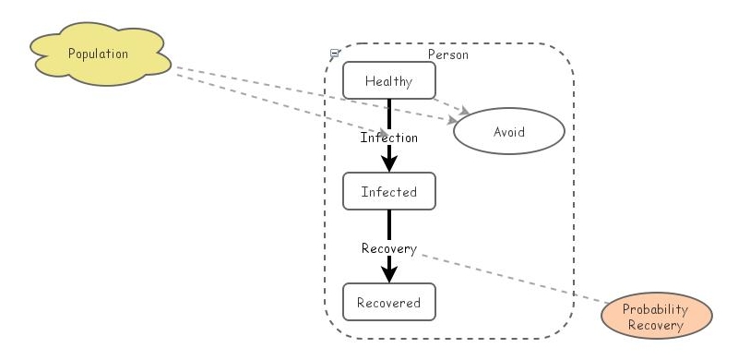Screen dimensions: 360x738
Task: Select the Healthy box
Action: point(388,80)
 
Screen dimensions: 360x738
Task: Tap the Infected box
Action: point(388,192)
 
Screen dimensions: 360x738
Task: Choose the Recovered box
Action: point(388,302)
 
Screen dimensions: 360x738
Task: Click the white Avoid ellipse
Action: point(507,132)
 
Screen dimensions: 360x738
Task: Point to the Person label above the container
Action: point(447,54)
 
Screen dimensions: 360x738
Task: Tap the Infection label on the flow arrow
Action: point(388,138)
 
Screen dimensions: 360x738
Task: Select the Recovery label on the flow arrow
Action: point(388,248)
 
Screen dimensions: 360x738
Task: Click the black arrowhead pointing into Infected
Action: point(389,162)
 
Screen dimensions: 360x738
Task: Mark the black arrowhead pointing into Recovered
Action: point(389,272)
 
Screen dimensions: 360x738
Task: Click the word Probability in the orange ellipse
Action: point(657,311)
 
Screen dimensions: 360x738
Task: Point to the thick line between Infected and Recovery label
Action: point(389,224)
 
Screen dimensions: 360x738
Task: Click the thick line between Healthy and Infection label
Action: point(389,113)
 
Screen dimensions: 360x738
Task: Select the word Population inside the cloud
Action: point(98,54)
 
